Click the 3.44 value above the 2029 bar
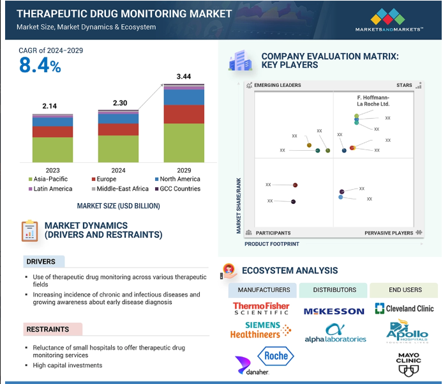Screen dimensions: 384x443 (184, 77)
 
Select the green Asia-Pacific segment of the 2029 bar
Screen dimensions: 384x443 (184, 142)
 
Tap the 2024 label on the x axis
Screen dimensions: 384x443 (118, 171)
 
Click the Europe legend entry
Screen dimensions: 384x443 (105, 180)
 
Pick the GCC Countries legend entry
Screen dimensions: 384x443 (181, 189)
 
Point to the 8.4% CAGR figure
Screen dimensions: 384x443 (40, 65)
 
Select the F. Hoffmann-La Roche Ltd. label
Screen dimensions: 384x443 (373, 100)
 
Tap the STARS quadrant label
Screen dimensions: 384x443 (404, 85)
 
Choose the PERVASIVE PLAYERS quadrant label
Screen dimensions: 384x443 (389, 233)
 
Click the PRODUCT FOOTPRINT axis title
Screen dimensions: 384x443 (271, 244)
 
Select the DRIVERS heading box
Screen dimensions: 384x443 (41, 261)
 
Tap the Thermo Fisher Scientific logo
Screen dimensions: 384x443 (260, 309)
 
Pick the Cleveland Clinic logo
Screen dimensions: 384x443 (405, 309)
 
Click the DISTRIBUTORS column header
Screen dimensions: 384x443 (334, 290)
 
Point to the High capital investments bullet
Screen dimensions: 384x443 (68, 365)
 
